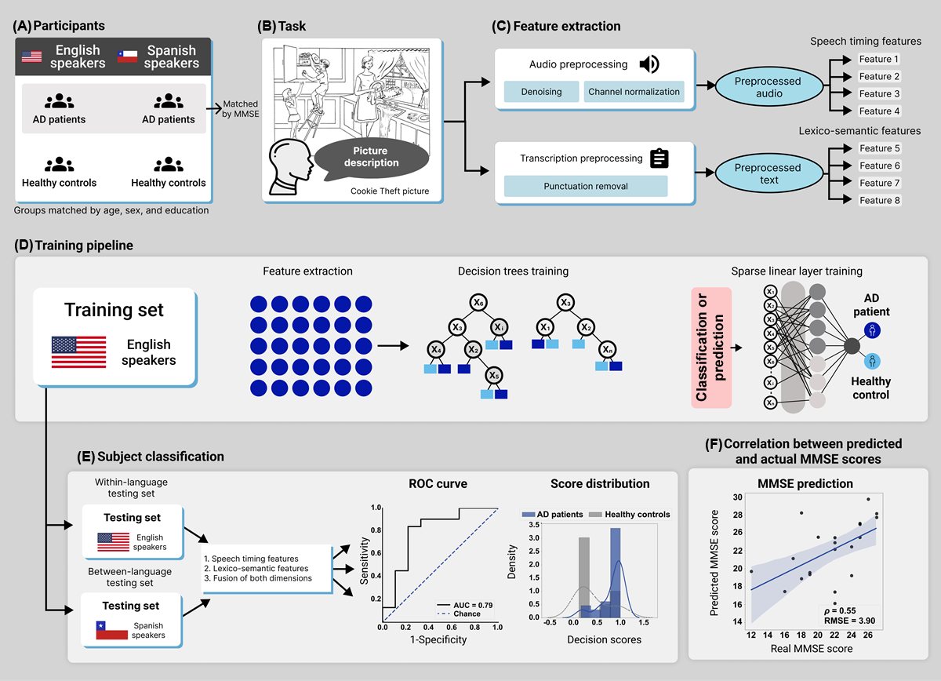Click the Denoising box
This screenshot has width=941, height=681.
click(x=542, y=92)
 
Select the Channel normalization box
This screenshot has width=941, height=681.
click(x=634, y=92)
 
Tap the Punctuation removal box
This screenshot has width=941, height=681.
click(x=585, y=187)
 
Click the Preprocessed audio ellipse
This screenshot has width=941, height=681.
click(x=768, y=87)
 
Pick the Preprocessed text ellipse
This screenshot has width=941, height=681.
click(x=768, y=173)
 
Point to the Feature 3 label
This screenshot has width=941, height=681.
click(x=880, y=93)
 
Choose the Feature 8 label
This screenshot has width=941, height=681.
click(x=880, y=200)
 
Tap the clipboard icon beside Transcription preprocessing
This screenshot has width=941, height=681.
click(x=659, y=158)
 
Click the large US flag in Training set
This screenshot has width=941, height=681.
click(x=78, y=352)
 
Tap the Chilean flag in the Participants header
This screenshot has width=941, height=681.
click(x=127, y=56)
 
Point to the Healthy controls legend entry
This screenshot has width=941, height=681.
click(x=636, y=515)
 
